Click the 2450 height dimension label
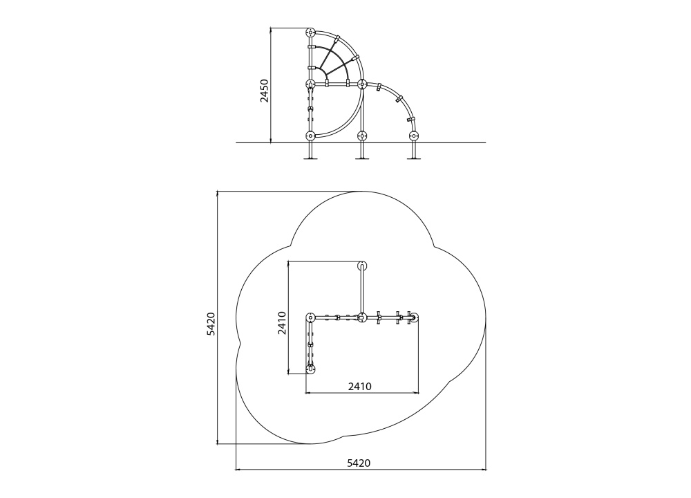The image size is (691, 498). pyautogui.click(x=264, y=91)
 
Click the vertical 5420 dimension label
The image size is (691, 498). pyautogui.click(x=211, y=324)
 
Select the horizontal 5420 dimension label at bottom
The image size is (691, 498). pyautogui.click(x=359, y=463)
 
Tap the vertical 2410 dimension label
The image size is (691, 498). pyautogui.click(x=282, y=323)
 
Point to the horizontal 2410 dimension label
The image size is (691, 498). pyautogui.click(x=359, y=387)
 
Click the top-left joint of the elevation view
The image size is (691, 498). pyautogui.click(x=310, y=33)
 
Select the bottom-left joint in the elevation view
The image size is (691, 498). pyautogui.click(x=310, y=136)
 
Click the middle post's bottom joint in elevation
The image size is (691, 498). pyautogui.click(x=362, y=136)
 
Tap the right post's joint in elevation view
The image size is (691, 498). pyautogui.click(x=413, y=136)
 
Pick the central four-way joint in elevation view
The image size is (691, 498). pyautogui.click(x=362, y=84)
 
